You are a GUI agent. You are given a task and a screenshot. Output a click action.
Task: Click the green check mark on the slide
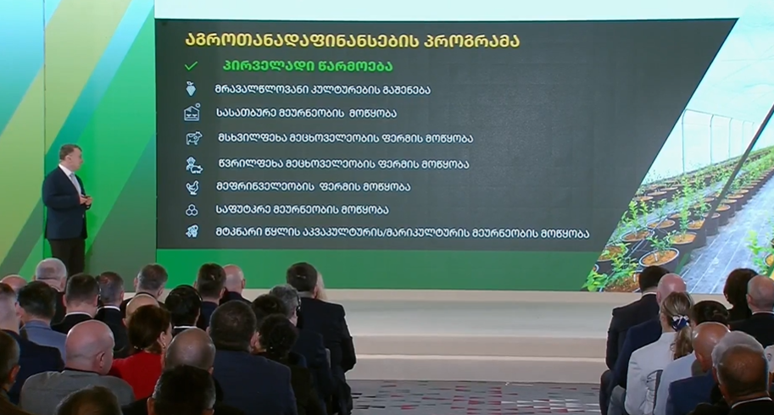click(x=191, y=65)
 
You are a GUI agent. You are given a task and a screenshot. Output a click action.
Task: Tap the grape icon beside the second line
click(x=191, y=89)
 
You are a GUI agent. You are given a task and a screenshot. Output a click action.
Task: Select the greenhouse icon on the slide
click(x=192, y=113)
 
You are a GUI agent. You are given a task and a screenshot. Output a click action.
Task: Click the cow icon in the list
click(x=193, y=138)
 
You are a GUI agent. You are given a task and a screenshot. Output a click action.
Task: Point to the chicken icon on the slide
click(x=192, y=187)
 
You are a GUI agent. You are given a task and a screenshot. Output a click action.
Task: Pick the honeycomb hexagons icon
click(x=192, y=210)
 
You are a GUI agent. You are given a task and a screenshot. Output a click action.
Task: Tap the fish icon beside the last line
click(x=192, y=231)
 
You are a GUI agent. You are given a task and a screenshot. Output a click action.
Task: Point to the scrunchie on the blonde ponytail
click(x=681, y=322)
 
